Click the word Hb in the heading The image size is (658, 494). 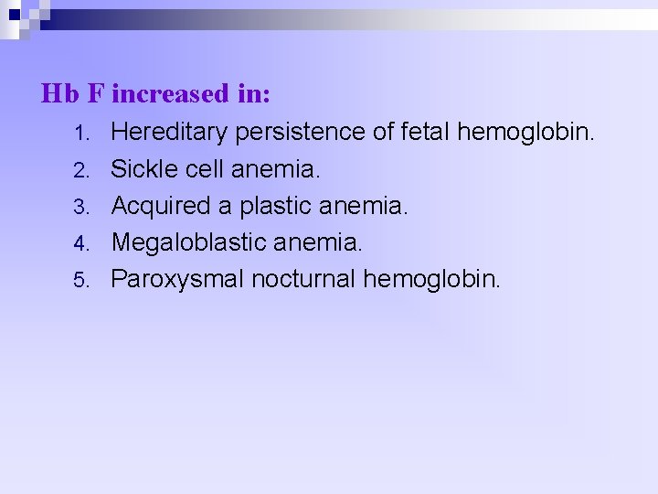click(60, 93)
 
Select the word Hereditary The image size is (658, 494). click(169, 133)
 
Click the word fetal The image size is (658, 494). click(425, 133)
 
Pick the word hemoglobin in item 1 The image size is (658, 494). click(526, 133)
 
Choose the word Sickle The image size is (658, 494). click(141, 169)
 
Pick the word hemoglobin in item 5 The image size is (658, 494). click(432, 279)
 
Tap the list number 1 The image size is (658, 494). click(80, 134)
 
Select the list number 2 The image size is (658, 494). click(80, 170)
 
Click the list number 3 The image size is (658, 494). click(80, 207)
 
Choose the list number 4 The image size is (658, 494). click(80, 243)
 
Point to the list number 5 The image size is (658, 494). click(80, 280)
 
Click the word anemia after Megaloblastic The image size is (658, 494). click(315, 242)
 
